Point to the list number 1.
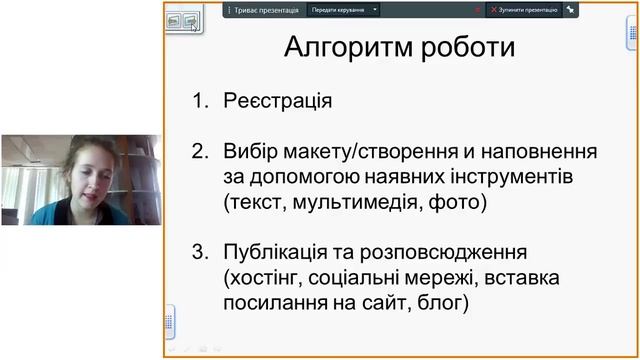click(x=199, y=101)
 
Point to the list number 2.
click(x=199, y=152)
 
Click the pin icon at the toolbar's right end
click(x=570, y=9)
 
